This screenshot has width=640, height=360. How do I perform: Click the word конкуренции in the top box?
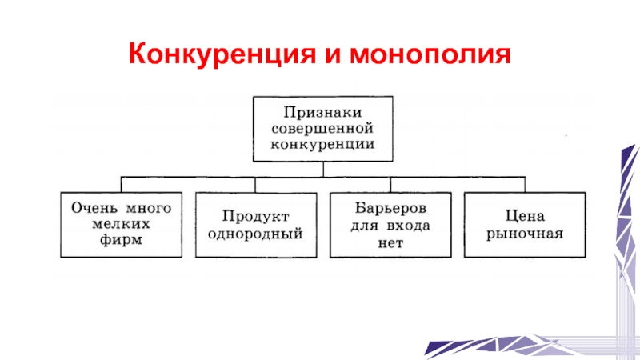(322, 146)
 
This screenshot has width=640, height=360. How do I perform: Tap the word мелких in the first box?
(122, 223)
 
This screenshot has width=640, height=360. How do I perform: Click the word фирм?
(122, 240)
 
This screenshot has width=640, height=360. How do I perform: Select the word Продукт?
(255, 217)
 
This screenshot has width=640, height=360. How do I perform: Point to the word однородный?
(255, 234)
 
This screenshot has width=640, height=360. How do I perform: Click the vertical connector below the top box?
(323, 168)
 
